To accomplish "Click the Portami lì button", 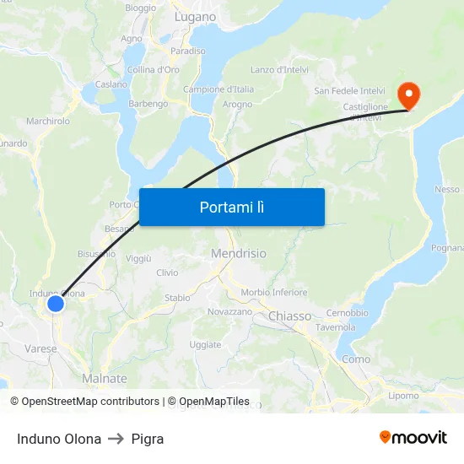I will click(x=231, y=207).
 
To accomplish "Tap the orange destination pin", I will click(x=407, y=94).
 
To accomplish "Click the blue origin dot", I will click(x=56, y=304).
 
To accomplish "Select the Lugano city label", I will click(x=195, y=17).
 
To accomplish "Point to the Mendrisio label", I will click(x=238, y=253).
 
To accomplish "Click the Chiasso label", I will click(x=289, y=316).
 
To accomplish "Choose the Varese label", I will click(x=40, y=348).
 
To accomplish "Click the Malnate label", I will click(x=105, y=379).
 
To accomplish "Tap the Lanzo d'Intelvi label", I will click(x=279, y=70).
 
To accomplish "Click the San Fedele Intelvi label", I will click(x=349, y=90).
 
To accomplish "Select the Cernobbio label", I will click(x=347, y=313).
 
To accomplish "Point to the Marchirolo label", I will click(x=48, y=121).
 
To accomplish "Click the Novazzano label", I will click(x=229, y=311).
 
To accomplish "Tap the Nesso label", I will click(x=447, y=190).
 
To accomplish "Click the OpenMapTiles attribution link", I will click(x=208, y=402).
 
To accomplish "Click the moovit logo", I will click(x=413, y=438).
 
